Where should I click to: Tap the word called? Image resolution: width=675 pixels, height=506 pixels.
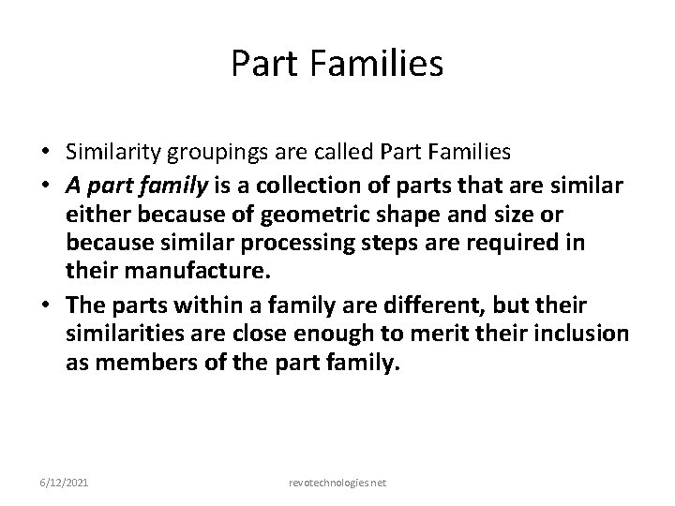pyautogui.click(x=329, y=153)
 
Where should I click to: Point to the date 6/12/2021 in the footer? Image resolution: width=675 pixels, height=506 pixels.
pyautogui.click(x=65, y=482)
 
